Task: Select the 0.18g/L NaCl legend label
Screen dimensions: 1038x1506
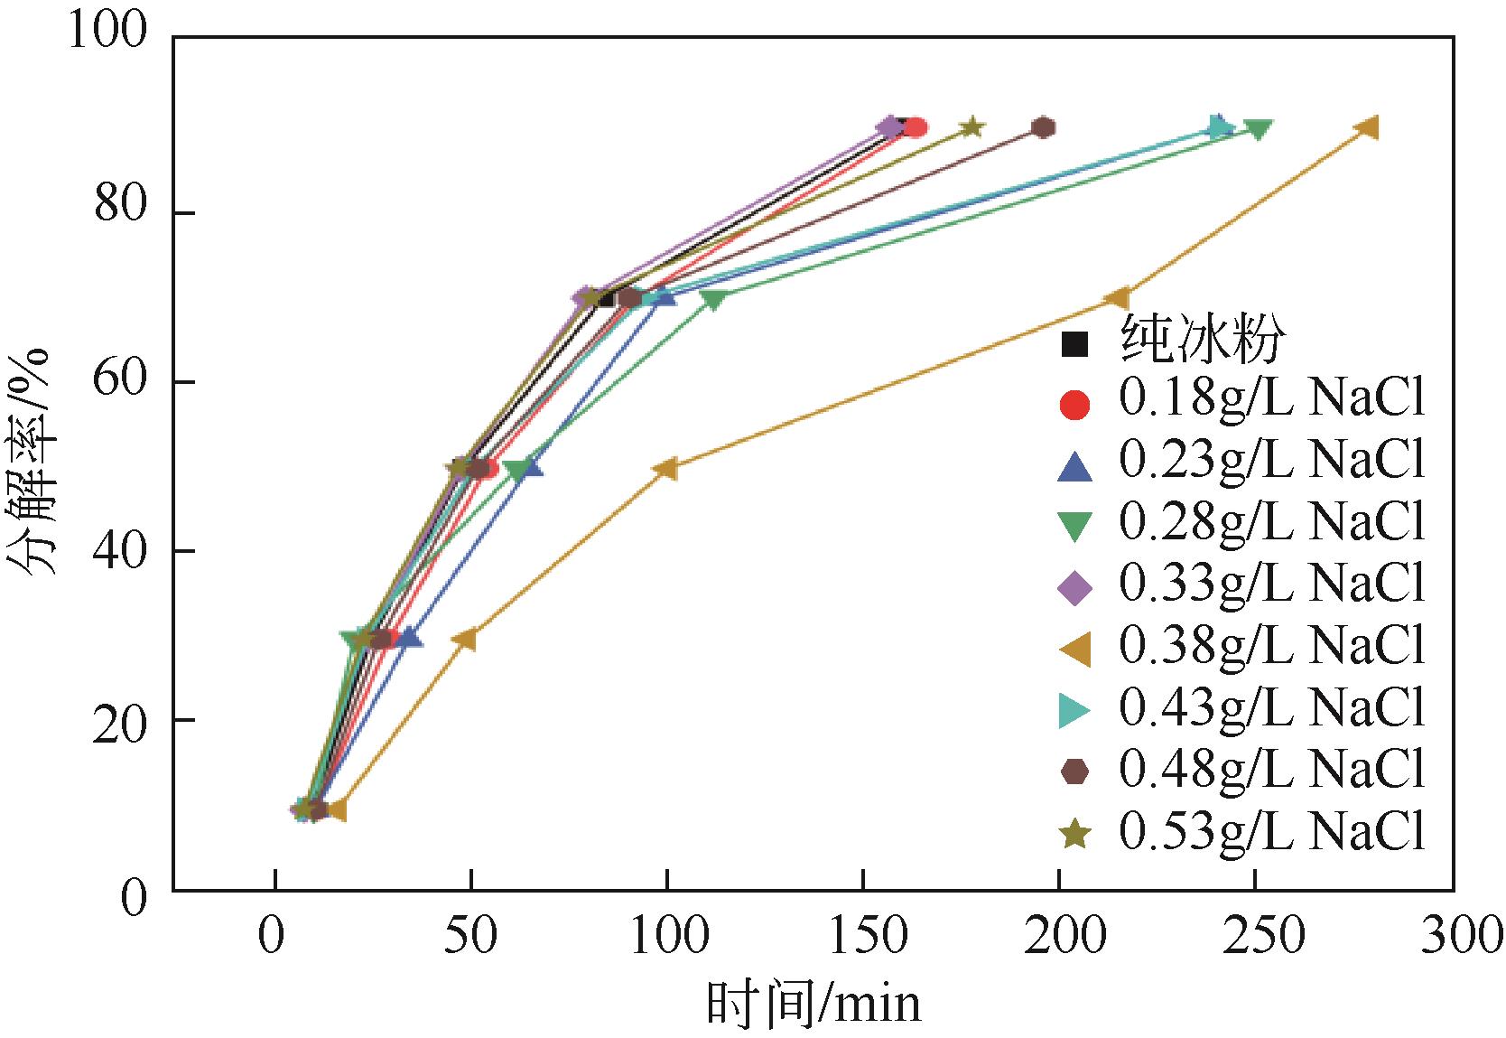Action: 1271,400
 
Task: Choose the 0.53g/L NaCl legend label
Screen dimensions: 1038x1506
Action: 1271,831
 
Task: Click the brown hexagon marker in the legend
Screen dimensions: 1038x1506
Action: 1074,771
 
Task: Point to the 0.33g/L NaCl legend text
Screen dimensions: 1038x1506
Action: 1271,584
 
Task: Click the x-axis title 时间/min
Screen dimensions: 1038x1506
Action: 813,1004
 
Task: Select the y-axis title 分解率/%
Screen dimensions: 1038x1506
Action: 34,461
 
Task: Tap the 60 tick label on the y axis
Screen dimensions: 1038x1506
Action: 118,382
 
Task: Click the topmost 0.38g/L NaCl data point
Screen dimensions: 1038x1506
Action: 1368,128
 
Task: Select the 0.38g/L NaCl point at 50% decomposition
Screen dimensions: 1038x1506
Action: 666,468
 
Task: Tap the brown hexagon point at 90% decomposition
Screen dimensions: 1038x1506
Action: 1044,127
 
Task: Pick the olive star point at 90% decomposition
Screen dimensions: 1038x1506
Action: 971,127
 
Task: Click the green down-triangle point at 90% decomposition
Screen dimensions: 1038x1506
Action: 1258,129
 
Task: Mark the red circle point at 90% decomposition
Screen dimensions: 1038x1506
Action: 916,127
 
